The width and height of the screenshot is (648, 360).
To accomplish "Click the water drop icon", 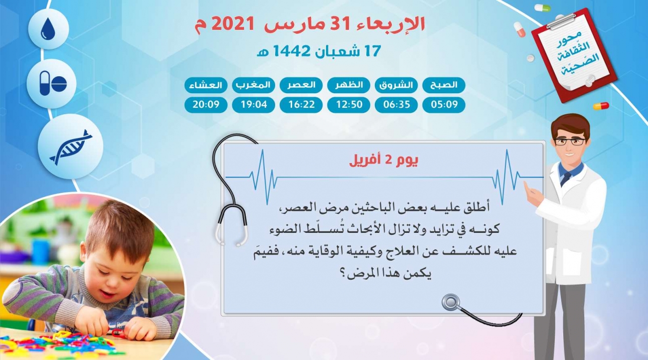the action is [x=48, y=29].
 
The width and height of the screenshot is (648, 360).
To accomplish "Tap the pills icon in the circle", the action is [x=53, y=83].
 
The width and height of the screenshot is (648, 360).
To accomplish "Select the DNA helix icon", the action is [x=71, y=147].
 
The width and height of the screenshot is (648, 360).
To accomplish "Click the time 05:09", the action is [x=444, y=104].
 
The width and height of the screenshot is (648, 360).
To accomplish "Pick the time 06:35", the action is [x=397, y=104].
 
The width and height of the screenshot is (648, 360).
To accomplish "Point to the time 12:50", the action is [x=349, y=104].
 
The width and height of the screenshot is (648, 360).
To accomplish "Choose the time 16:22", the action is [x=301, y=104].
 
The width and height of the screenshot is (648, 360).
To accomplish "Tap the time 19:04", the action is [x=253, y=104].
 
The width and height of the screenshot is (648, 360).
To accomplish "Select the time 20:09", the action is [x=206, y=104].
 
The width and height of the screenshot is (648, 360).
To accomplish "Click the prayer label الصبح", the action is [x=444, y=85].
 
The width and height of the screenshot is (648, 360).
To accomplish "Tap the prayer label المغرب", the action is [x=253, y=85].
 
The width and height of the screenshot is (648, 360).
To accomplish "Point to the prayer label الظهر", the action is [x=349, y=85].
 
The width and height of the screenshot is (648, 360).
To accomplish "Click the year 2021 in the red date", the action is [x=233, y=24].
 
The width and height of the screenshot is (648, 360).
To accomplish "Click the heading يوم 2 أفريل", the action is [x=384, y=160].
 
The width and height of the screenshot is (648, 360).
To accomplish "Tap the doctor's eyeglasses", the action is [x=569, y=142].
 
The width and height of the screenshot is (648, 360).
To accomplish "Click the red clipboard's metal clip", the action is [x=561, y=21].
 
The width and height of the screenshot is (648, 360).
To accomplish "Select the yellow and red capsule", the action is [x=601, y=106].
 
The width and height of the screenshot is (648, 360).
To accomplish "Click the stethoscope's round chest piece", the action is [x=451, y=302].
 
